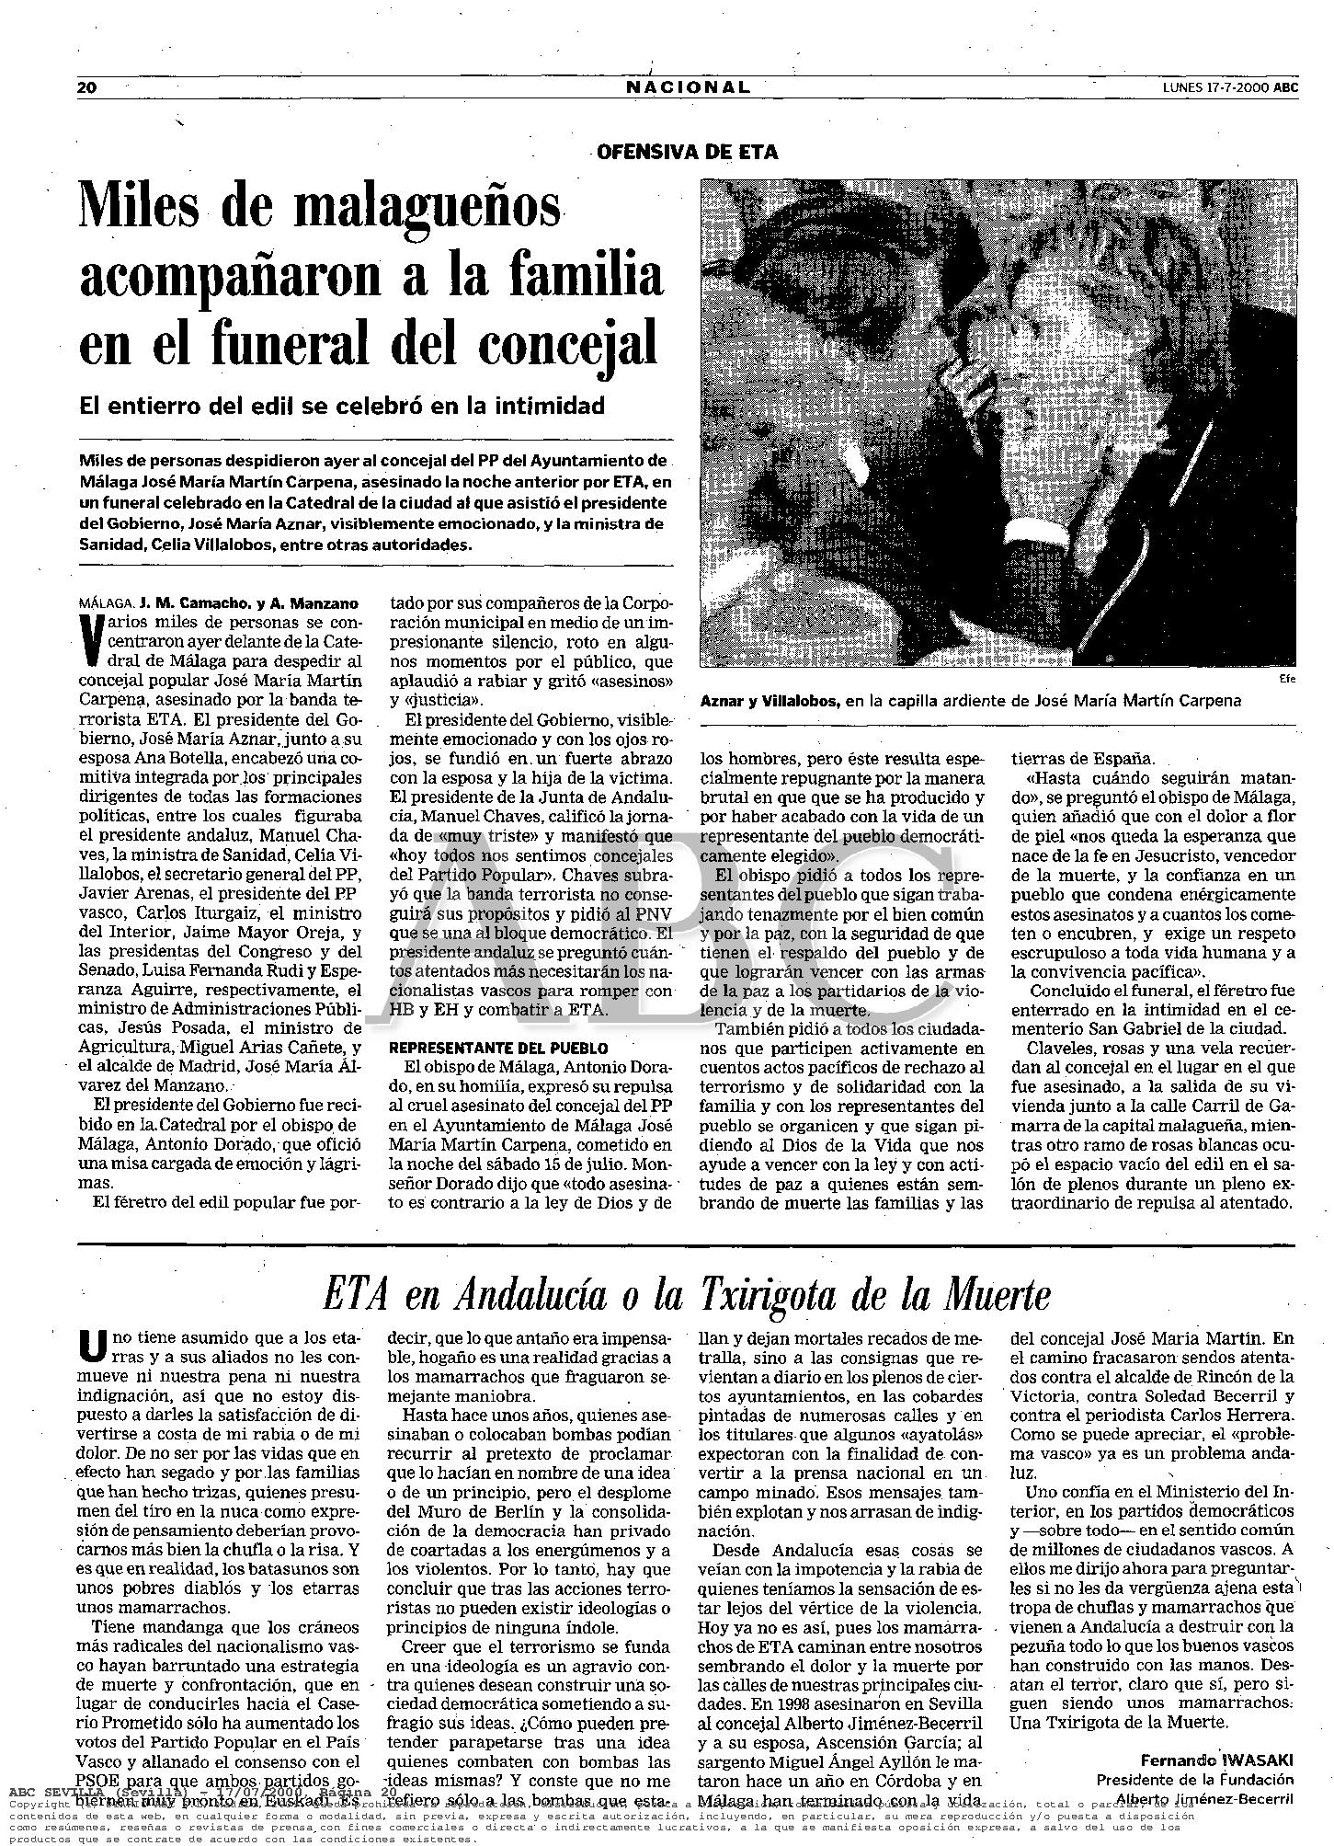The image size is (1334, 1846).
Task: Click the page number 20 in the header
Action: point(87,87)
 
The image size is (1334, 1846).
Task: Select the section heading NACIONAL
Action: point(689,87)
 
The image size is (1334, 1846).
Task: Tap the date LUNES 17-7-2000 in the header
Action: point(1214,87)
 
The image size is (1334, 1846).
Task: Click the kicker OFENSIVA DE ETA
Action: point(688,153)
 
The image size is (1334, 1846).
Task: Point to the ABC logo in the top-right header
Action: point(1286,87)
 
